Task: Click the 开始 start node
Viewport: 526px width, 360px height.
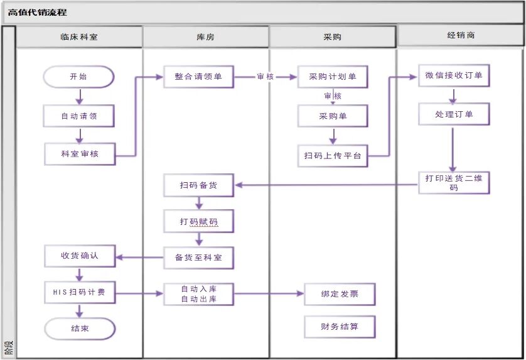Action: tap(79, 77)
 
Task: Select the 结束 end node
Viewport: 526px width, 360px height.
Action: tap(80, 329)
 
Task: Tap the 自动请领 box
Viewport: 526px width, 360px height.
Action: tap(79, 116)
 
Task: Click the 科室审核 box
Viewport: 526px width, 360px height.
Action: tap(80, 154)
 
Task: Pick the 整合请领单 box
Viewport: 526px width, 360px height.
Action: tap(198, 77)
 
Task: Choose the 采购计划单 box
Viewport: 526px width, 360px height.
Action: tap(333, 77)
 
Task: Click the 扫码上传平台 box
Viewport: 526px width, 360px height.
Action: tap(333, 156)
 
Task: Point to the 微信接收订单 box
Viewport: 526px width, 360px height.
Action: tap(454, 75)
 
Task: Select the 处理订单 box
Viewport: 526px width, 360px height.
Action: tap(454, 114)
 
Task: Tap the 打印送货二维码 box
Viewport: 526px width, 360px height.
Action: tap(454, 183)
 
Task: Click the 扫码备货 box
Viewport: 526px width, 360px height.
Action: tap(198, 185)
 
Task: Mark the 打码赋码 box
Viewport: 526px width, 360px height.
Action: tap(198, 221)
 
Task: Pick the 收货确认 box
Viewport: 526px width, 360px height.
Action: tap(80, 256)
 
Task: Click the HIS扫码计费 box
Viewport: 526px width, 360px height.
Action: tap(80, 292)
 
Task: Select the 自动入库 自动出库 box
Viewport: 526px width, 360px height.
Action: tap(198, 294)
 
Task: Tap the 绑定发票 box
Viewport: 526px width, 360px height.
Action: tap(340, 294)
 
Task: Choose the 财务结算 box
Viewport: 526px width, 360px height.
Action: tap(340, 327)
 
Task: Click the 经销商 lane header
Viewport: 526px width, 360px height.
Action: tap(460, 35)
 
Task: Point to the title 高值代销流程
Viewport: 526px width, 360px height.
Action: tap(37, 13)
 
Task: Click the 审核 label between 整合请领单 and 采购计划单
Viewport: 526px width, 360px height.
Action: tap(266, 77)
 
